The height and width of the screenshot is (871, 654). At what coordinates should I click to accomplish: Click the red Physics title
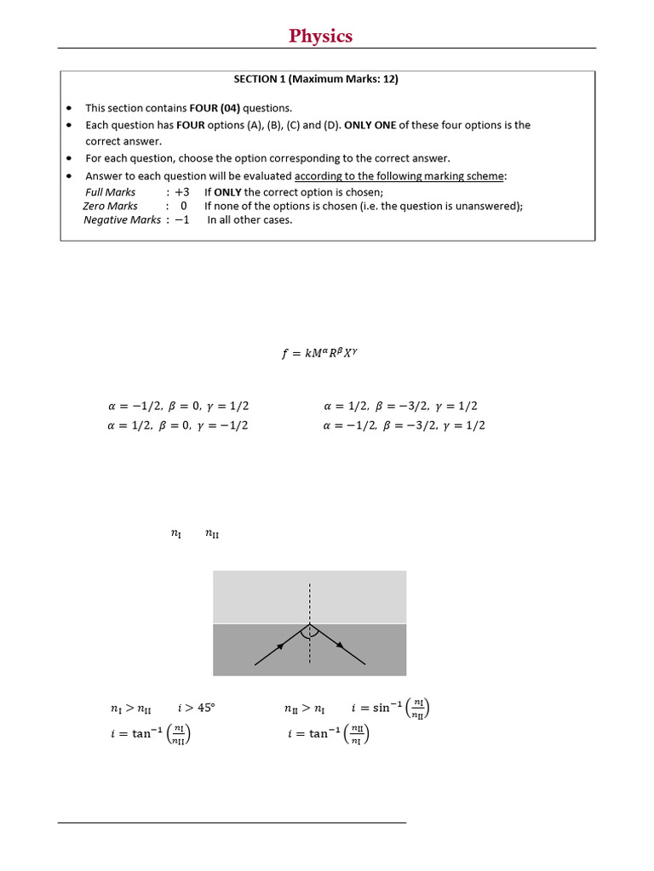pyautogui.click(x=320, y=36)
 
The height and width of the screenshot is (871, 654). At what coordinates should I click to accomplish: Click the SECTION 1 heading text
pyautogui.click(x=316, y=79)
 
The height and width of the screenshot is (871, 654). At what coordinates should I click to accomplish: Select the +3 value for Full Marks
pyautogui.click(x=181, y=192)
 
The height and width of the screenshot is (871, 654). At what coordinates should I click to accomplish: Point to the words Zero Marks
pyautogui.click(x=110, y=206)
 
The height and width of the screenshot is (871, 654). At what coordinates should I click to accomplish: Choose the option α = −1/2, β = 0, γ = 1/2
pyautogui.click(x=178, y=406)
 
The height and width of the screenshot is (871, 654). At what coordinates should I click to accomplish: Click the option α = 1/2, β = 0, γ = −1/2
pyautogui.click(x=178, y=425)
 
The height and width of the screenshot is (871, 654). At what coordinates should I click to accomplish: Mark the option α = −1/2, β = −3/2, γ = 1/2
pyautogui.click(x=404, y=425)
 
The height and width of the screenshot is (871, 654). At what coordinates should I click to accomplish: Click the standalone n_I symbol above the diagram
pyautogui.click(x=175, y=534)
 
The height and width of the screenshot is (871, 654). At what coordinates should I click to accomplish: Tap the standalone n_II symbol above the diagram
pyautogui.click(x=212, y=534)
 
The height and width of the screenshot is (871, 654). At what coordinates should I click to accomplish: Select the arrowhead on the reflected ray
pyautogui.click(x=340, y=646)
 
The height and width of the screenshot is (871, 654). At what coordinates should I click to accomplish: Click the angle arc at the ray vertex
pyautogui.click(x=310, y=633)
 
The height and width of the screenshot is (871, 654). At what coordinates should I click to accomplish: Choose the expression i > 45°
pyautogui.click(x=197, y=708)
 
